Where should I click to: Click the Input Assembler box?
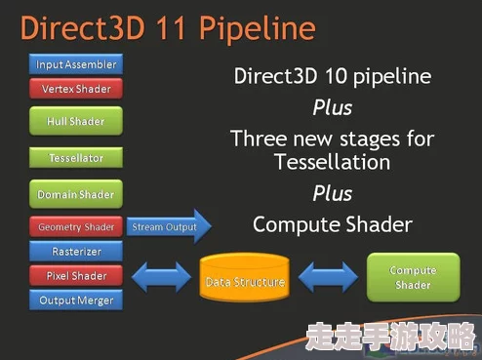[x=76, y=64]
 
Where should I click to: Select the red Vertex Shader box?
[x=76, y=89]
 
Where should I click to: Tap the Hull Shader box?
[x=76, y=122]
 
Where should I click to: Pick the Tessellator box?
[x=76, y=158]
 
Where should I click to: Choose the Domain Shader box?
[x=76, y=193]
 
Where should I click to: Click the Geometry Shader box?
[x=76, y=227]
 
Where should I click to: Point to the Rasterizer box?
[x=76, y=251]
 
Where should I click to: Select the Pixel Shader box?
[x=76, y=276]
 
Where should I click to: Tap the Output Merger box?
[x=76, y=300]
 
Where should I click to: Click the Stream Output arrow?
[x=166, y=227]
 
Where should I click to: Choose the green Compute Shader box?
[x=413, y=277]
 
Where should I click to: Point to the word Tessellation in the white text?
[x=332, y=162]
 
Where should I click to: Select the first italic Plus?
[x=332, y=106]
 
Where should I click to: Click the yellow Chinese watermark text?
[x=389, y=336]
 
